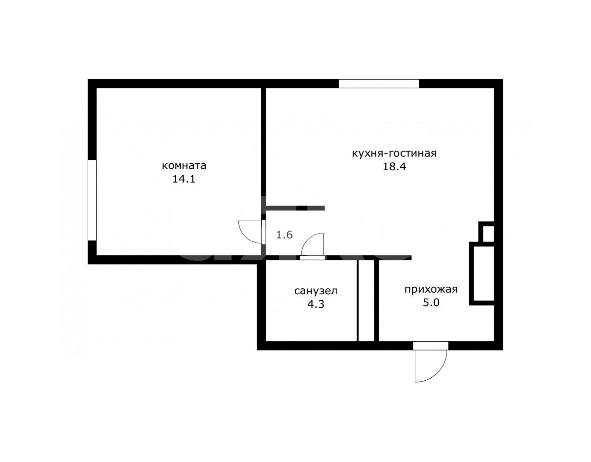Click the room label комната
coord(184,165)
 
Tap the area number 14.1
coord(184,179)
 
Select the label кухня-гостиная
coord(394,154)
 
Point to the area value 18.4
coord(394,166)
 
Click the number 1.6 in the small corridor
coord(284,235)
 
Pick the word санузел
coord(316,291)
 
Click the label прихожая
coord(431,289)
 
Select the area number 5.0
coord(431,302)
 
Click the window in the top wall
coord(378,83)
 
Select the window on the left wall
coord(92,200)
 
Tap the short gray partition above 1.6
coord(295,208)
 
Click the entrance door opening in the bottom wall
coord(431,346)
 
